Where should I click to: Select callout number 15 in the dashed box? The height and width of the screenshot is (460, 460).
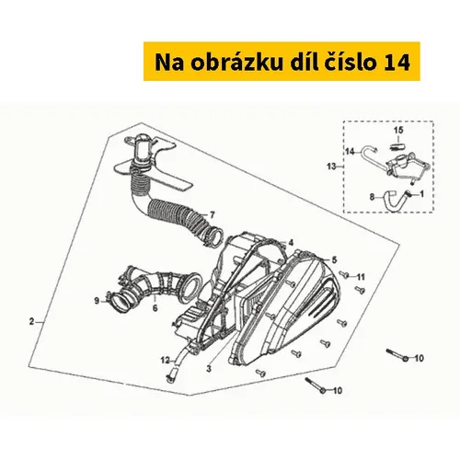click(x=398, y=131)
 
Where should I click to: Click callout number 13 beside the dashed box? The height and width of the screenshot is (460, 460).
click(x=332, y=167)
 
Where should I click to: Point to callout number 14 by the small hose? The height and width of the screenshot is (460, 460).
click(x=351, y=152)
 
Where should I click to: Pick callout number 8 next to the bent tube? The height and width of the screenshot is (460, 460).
click(x=372, y=197)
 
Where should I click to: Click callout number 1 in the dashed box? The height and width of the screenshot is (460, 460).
click(x=421, y=194)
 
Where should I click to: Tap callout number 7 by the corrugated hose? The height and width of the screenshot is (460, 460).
click(x=212, y=215)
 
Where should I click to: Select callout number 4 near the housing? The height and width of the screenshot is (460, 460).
click(x=291, y=243)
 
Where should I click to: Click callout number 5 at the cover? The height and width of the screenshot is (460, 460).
click(x=334, y=260)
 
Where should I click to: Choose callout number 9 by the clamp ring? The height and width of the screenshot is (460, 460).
click(x=97, y=301)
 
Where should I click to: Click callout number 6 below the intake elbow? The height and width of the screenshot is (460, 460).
click(x=155, y=308)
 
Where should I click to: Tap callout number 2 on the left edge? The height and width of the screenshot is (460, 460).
click(x=31, y=322)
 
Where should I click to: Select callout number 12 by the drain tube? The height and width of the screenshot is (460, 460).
click(x=166, y=361)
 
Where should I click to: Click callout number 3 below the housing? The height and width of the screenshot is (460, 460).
click(x=209, y=369)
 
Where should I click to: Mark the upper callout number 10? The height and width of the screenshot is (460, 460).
click(x=419, y=358)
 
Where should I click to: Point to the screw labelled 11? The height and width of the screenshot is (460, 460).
click(x=344, y=275)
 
